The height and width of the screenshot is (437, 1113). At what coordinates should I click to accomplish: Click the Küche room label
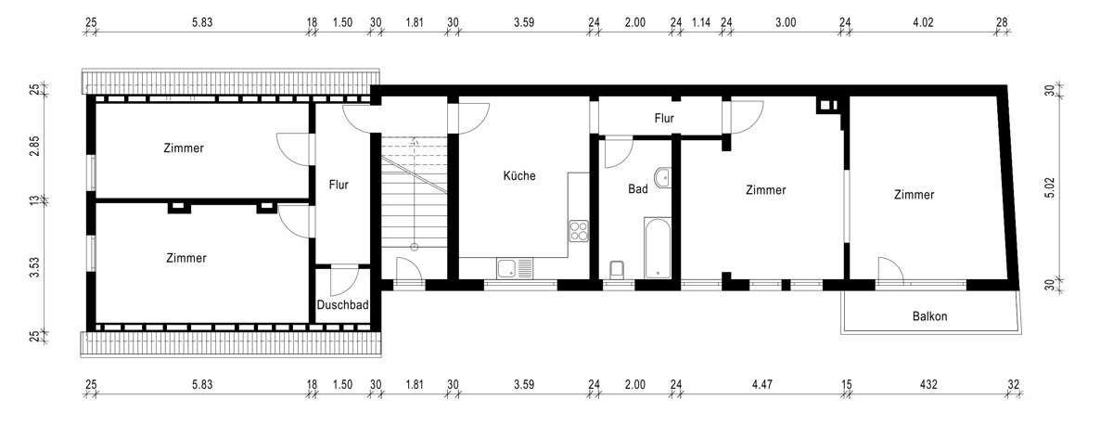(x=519, y=175)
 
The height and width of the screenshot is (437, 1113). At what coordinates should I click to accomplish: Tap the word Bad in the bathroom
(x=637, y=189)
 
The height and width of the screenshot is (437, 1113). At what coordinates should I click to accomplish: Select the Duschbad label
(x=343, y=305)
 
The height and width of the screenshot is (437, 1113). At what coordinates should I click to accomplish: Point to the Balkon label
(x=929, y=316)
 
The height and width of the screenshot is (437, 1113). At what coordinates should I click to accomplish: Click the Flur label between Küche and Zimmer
(x=663, y=119)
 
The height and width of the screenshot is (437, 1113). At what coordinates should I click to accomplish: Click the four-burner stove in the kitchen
(x=579, y=229)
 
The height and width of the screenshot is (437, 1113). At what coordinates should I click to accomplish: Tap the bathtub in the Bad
(x=657, y=248)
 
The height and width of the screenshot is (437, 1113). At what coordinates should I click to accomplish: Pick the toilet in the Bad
(x=619, y=269)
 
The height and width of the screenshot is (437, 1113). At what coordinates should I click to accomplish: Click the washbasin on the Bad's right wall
(x=663, y=177)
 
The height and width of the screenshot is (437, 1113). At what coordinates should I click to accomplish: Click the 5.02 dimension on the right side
(x=1050, y=188)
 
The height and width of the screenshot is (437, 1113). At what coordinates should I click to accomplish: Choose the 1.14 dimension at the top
(x=701, y=22)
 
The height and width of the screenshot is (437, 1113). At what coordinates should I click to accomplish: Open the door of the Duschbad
(x=343, y=278)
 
